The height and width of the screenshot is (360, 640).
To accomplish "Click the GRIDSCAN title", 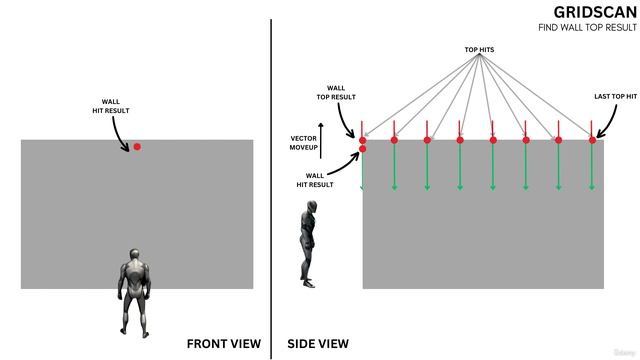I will coord(594,12).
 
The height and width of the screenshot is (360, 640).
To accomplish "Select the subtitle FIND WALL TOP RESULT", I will coord(587,27).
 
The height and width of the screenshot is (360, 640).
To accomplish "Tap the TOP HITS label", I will coord(479,49).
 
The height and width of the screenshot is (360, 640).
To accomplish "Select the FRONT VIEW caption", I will coord(223,343).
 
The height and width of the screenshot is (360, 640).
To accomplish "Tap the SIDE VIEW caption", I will coord(318,343).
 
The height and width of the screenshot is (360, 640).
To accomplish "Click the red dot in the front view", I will coord(137,147).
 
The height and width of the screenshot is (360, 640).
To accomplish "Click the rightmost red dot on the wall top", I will coord(592,140).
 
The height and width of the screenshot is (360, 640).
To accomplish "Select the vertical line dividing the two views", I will coord(271,180).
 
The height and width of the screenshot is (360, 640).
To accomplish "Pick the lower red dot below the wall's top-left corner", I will coord(362,149).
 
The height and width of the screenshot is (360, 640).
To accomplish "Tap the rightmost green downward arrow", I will coord(592,166).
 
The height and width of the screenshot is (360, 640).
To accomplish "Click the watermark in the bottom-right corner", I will coord(623,352).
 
